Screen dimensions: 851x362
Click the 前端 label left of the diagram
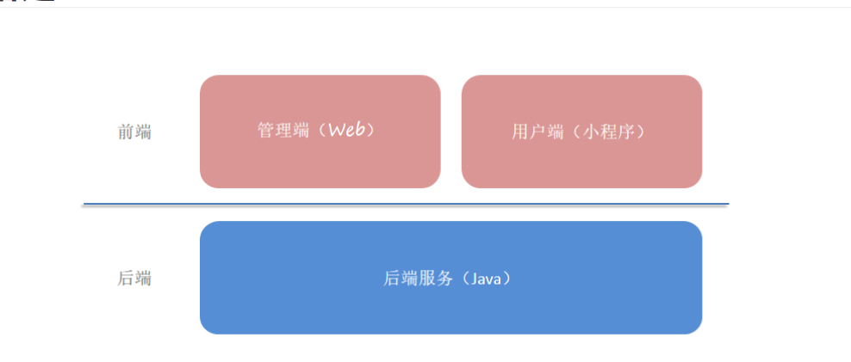(x=134, y=132)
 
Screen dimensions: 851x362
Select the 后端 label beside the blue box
(x=134, y=279)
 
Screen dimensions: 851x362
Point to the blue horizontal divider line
(x=405, y=205)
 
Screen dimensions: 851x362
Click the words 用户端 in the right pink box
(x=537, y=132)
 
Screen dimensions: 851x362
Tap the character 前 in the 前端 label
(x=126, y=132)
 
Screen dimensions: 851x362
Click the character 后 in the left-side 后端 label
(x=126, y=279)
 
